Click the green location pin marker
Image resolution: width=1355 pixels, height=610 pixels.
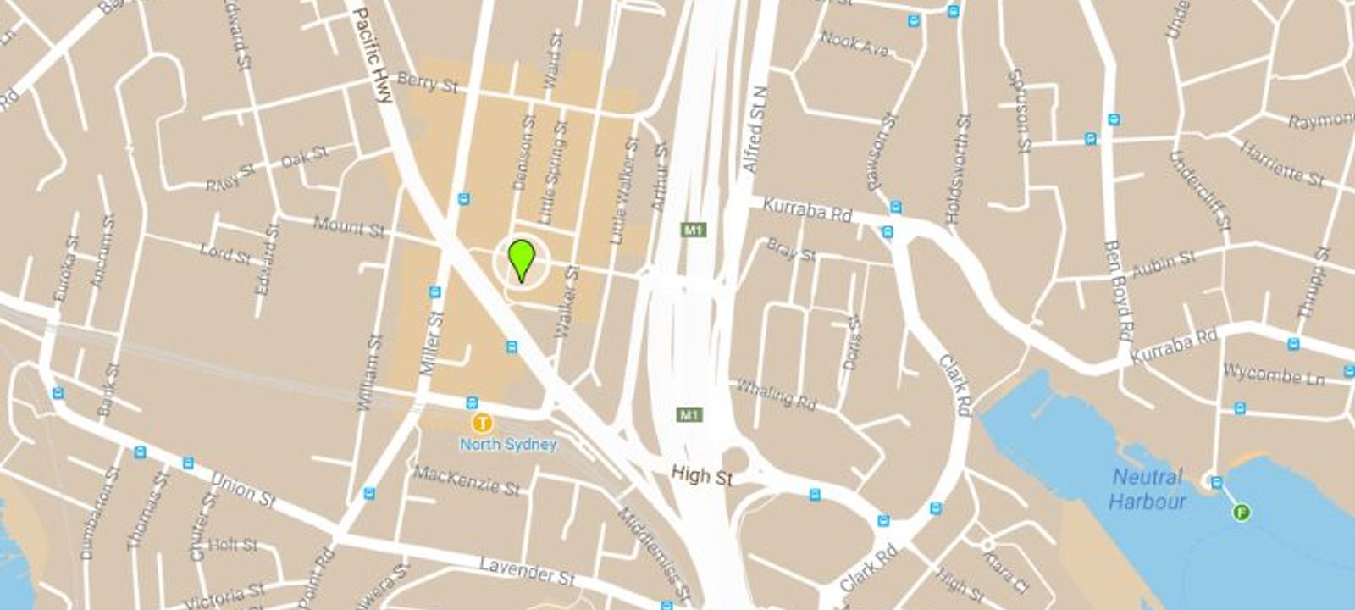pos(521,258)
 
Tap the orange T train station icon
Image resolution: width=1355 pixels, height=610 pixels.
pos(483,422)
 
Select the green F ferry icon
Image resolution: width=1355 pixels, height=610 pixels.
pos(1242,512)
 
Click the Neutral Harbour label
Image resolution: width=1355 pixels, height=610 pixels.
pos(1148,489)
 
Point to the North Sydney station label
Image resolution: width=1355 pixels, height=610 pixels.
pos(508,444)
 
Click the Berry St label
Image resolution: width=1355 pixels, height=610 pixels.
pos(428,83)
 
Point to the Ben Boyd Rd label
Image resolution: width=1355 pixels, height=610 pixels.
pos(1119,289)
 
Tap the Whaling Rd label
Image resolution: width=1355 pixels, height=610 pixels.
pos(775,394)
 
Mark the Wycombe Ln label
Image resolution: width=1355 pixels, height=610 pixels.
pos(1273,374)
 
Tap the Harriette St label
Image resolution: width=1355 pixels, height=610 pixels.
pos(1282,164)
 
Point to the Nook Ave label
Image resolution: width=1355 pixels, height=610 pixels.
pos(854,43)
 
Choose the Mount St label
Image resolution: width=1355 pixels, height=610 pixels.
pos(349,226)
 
